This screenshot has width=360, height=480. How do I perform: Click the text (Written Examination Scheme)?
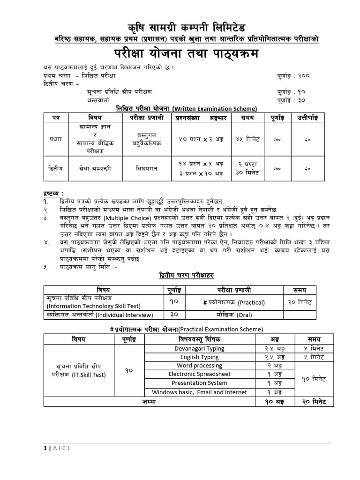(214, 108)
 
